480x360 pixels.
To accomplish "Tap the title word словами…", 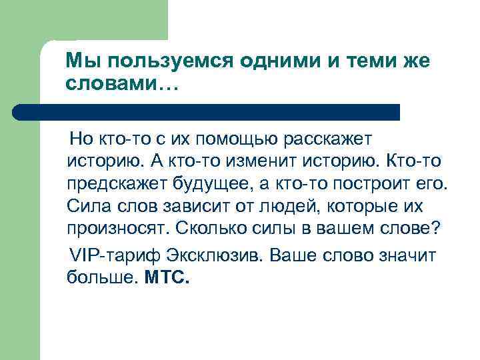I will tap(119, 84).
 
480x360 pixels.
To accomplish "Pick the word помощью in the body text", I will tap(244, 140).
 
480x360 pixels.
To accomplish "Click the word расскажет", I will tap(329, 140).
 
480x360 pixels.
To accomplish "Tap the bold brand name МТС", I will tap(167, 279).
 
